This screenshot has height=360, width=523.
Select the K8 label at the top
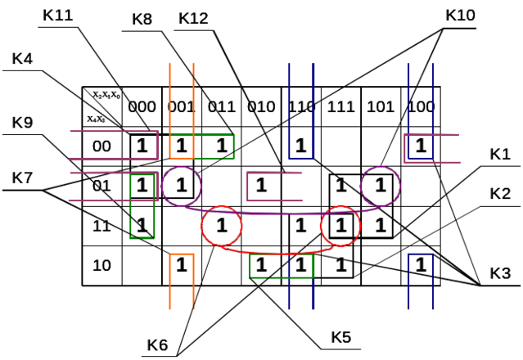[x=144, y=17]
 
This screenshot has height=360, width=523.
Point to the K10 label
[x=462, y=16]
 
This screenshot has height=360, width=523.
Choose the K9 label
[x=23, y=123]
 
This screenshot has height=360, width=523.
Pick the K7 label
[x=23, y=176]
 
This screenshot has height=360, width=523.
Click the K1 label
[x=499, y=154]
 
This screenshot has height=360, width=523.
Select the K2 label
[x=499, y=193]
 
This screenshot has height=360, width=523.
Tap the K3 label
[x=499, y=273]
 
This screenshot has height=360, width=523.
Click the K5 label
[x=341, y=336]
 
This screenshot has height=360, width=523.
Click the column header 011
[x=221, y=106]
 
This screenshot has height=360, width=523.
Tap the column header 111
[x=340, y=106]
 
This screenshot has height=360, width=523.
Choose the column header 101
[x=381, y=106]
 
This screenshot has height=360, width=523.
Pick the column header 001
[x=180, y=106]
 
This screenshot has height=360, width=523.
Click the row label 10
[x=101, y=265]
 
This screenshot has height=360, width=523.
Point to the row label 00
[x=101, y=146]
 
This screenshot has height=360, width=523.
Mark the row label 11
[x=101, y=223]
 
